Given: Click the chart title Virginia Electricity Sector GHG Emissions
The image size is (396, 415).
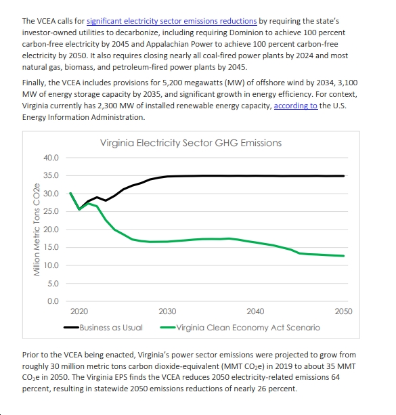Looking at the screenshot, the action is coord(191,143).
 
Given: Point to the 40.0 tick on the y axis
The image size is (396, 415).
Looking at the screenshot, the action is coord(51,158).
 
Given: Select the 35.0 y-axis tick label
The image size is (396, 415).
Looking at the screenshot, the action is coord(51,175).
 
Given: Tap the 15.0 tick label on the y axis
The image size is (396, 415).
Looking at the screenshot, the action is coord(51,247).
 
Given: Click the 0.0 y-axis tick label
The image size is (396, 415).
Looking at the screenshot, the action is coord(53,301).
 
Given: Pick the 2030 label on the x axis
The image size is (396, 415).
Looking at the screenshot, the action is coord(167,311).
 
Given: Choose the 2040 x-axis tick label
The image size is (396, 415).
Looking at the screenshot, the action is coord(255,311).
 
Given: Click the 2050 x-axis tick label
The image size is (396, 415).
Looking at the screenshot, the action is coord(344,311).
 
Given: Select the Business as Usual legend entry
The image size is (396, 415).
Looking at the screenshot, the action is coord(103,328).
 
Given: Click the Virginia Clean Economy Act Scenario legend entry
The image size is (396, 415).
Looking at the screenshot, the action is coord(240,328).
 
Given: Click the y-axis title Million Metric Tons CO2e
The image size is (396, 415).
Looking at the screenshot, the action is coord(37,230).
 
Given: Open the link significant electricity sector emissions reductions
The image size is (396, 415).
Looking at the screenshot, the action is coord(172,21).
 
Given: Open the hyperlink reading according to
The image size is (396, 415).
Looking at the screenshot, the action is coord(296,106).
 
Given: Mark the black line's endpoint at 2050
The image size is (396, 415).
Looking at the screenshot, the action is coord(344,176).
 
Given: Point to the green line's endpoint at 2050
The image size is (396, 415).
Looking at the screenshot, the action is coord(344,256).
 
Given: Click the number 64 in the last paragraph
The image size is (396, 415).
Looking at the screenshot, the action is coord(335,377).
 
